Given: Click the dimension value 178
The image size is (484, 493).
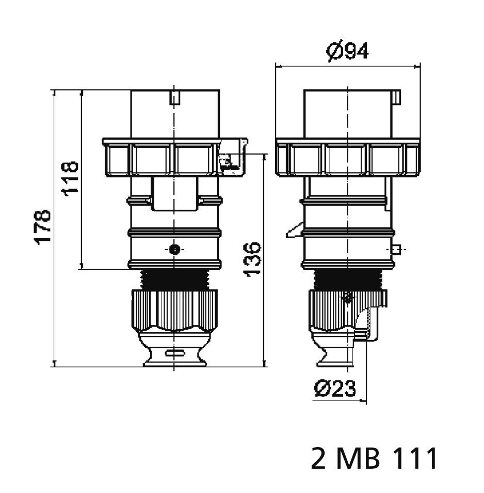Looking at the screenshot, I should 43,226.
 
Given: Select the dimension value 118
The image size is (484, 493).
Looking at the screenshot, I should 70,177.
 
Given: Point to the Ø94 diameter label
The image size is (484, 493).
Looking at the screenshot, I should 348,51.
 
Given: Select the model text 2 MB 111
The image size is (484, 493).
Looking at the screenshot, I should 374,458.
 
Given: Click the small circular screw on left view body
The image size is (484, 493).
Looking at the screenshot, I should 175,250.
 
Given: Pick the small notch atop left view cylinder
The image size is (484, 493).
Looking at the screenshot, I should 175,97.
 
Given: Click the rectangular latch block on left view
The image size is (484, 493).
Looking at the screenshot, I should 175,194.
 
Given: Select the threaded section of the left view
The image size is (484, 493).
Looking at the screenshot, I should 175,279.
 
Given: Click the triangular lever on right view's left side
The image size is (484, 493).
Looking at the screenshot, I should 295,230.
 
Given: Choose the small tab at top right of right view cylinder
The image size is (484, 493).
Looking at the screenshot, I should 397,97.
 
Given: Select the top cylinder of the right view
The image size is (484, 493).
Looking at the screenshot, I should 348,114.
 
